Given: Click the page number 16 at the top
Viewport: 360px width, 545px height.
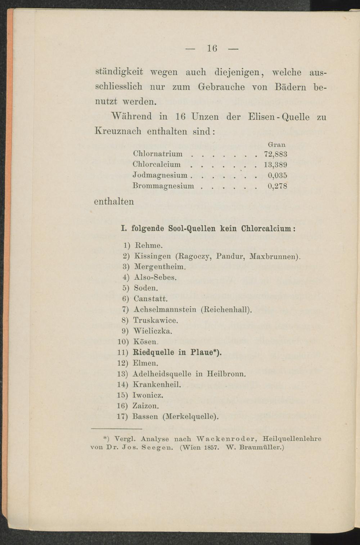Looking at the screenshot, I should click(x=212, y=48).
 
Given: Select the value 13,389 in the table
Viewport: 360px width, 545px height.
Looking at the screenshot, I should click(x=275, y=165).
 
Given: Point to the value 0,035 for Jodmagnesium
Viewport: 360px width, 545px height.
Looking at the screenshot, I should click(x=277, y=176).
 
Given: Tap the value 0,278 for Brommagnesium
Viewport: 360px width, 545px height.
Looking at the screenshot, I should click(x=277, y=186).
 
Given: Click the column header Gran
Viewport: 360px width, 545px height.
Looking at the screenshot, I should click(x=277, y=144).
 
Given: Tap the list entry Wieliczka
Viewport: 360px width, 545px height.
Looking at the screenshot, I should click(x=153, y=331).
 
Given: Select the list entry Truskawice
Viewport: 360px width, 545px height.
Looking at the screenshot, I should click(x=156, y=320).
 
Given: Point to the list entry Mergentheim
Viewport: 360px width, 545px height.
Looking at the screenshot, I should click(x=160, y=267).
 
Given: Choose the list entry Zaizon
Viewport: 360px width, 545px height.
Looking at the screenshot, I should click(x=146, y=406).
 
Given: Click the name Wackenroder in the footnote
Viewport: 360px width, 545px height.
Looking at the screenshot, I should click(x=226, y=439).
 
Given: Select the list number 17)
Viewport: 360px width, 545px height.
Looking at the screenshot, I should click(x=123, y=417).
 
